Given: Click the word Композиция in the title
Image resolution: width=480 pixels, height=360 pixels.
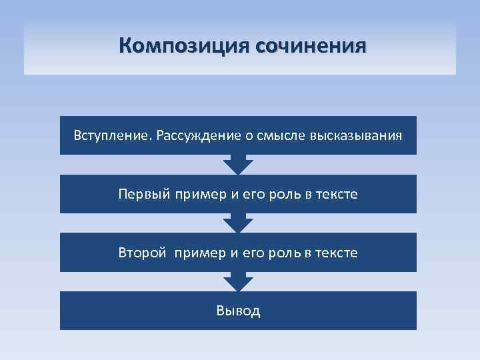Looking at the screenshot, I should tap(175, 46).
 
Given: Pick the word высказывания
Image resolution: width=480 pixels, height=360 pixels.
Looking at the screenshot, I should tap(355, 136).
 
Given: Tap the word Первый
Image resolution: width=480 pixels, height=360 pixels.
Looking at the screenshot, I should tap(143, 194).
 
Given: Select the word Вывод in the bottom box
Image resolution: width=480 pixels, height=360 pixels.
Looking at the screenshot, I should tap(238, 311).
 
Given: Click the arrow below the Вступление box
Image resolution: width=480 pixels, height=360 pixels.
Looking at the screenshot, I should tap(238, 164).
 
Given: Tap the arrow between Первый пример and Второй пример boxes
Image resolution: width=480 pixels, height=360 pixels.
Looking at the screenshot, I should tap(238, 223).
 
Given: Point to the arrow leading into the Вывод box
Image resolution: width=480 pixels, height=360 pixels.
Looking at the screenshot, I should tap(238, 281).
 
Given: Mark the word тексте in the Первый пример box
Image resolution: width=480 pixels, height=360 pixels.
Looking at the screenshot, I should tap(337, 194).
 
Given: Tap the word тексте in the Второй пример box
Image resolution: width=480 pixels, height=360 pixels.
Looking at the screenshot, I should tap(337, 253).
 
